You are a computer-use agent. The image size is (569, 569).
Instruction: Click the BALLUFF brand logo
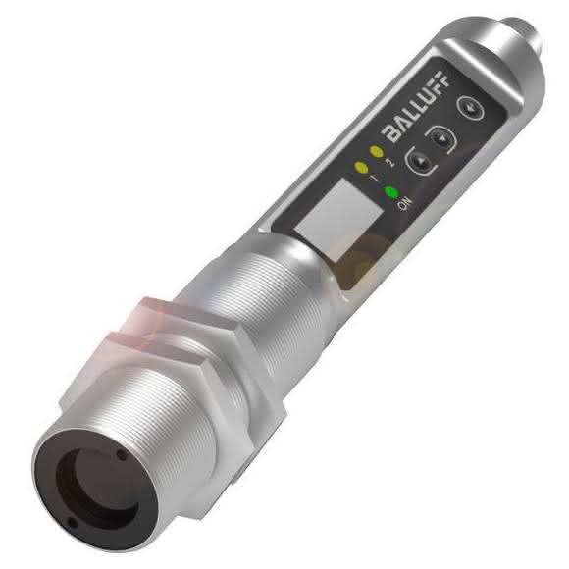pos(416,107)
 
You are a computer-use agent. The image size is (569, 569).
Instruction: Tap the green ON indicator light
pos(391,191)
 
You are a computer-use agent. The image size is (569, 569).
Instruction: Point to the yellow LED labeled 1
pos(361,167)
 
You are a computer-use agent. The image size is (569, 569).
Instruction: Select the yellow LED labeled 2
pos(377,152)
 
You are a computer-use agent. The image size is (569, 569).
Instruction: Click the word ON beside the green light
pos(404,204)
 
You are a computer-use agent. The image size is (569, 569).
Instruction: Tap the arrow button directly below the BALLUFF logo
pos(440,139)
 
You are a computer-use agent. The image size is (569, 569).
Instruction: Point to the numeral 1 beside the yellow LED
pos(374,178)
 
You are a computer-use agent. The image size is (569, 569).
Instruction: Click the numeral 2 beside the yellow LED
pos(389,162)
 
